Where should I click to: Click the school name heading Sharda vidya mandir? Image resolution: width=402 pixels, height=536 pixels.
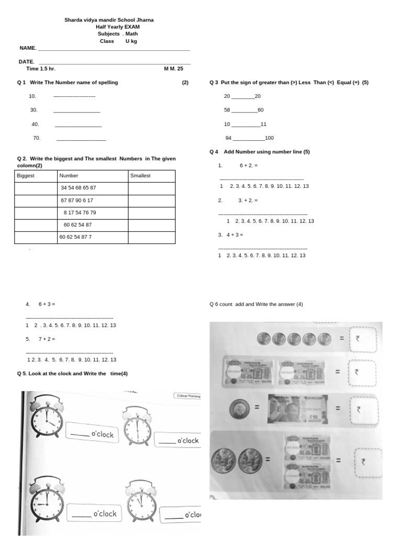(x=109, y=20)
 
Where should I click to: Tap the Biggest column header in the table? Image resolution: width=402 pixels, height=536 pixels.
(x=26, y=176)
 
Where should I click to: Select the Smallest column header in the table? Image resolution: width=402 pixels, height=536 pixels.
(x=140, y=176)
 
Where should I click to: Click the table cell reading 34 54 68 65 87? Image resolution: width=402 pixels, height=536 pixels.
(x=78, y=188)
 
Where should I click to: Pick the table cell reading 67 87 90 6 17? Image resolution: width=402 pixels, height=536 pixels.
(x=77, y=200)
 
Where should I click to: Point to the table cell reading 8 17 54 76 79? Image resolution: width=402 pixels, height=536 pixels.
(x=80, y=213)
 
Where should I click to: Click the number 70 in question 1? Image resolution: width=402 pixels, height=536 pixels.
(x=37, y=138)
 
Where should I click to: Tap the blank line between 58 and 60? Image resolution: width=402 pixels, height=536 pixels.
(x=244, y=110)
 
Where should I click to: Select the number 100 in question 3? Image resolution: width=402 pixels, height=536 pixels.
(x=269, y=138)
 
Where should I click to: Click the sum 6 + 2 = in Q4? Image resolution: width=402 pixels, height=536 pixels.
(x=249, y=165)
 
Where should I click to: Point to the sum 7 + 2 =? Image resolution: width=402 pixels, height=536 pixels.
(x=47, y=339)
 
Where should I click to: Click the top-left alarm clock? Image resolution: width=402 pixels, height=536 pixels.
(x=47, y=415)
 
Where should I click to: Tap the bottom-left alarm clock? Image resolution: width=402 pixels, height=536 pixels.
(x=47, y=500)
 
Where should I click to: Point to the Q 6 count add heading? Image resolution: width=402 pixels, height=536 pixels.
(x=255, y=305)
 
